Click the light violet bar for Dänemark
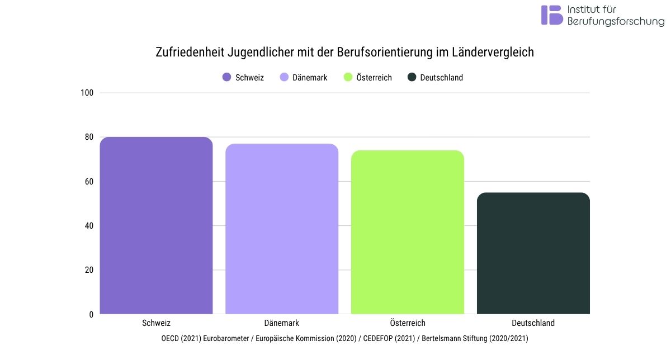click(x=282, y=229)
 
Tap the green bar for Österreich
click(x=408, y=232)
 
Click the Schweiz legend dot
click(x=226, y=78)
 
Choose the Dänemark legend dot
click(x=283, y=78)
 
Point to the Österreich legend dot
click(x=347, y=78)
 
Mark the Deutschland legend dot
click(x=412, y=78)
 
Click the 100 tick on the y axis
click(x=87, y=93)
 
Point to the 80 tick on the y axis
click(x=88, y=137)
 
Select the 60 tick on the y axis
click(x=88, y=181)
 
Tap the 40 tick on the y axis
click(x=88, y=226)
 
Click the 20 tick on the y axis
click(x=88, y=270)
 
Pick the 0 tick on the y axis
click(x=91, y=314)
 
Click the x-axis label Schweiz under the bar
click(x=157, y=323)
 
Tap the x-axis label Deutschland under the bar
click(x=533, y=323)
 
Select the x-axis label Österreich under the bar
click(x=408, y=323)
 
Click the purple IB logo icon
click(x=551, y=15)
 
